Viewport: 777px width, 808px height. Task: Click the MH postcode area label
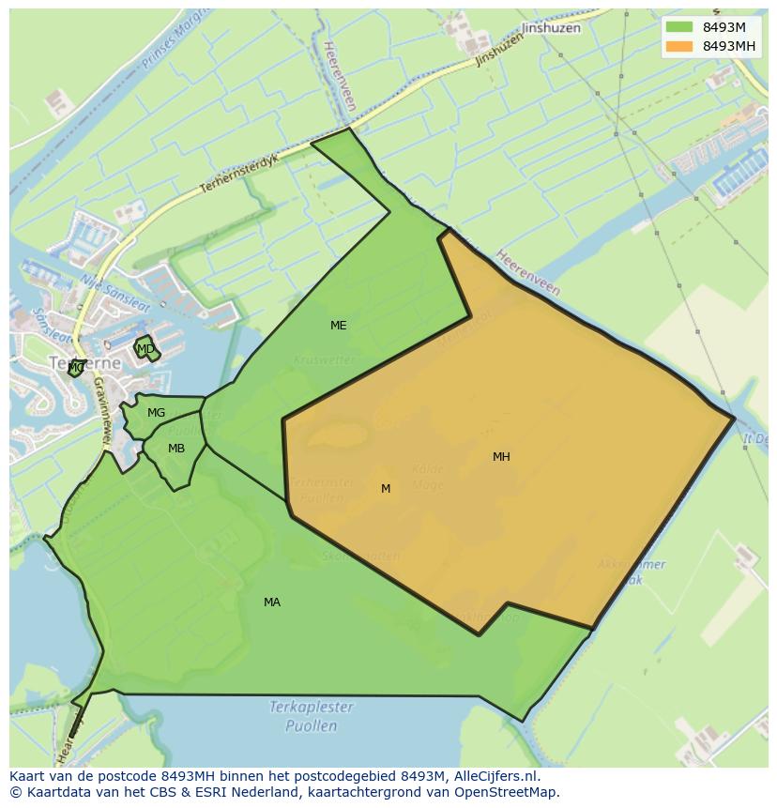[501, 457]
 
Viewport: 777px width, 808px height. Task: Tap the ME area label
[338, 326]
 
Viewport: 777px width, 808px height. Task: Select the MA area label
[271, 602]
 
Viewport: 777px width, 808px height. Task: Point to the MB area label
[175, 449]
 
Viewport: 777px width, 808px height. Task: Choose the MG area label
[156, 413]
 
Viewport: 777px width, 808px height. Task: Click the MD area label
[145, 349]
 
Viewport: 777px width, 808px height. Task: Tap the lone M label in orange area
[386, 489]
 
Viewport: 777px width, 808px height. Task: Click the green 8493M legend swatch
[679, 27]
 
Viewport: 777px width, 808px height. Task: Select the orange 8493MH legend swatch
[679, 46]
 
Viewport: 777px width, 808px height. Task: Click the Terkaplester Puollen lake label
[311, 716]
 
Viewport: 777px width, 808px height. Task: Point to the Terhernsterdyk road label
[239, 175]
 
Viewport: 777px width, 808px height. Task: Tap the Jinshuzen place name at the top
[551, 28]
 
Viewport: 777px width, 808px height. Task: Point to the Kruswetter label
[325, 359]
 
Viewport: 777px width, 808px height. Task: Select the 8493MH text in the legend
[729, 46]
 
